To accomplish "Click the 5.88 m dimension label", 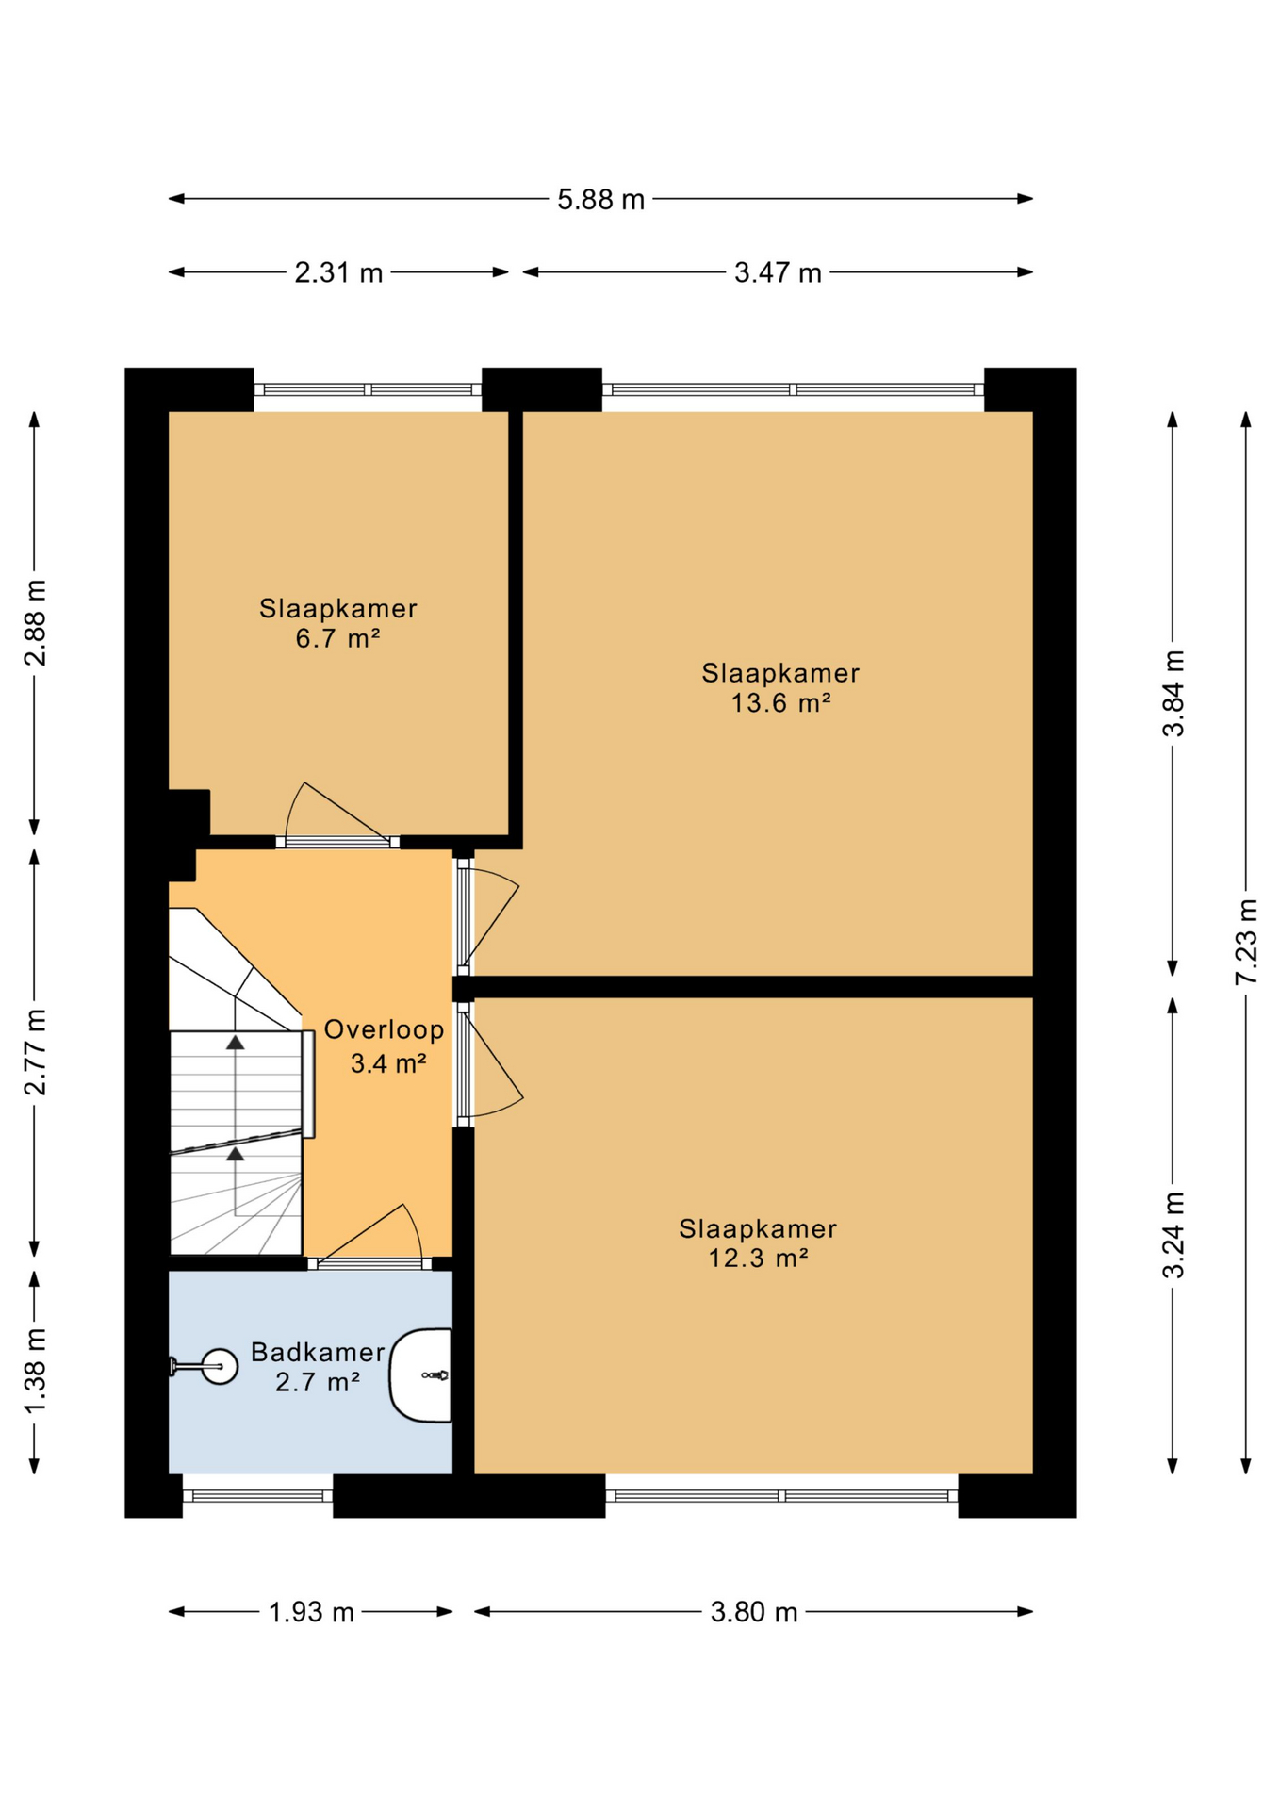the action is point(600,200).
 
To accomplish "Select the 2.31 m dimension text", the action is point(338,273).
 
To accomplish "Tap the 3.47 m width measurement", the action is point(778,273).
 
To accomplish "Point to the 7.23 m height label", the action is point(1246,942).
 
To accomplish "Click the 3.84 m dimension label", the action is point(1173,693).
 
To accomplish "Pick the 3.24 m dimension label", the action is point(1173,1235).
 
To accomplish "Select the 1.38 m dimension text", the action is point(35,1371).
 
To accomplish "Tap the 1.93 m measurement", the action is point(311,1613).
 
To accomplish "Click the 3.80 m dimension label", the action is point(754,1613).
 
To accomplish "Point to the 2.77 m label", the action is point(35,1052).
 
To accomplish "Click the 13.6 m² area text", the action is point(780,703).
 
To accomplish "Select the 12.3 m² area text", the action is point(759,1259).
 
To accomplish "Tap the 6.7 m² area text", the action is point(337,639).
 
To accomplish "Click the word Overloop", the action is point(384,1029).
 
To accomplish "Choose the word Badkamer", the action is point(318,1353).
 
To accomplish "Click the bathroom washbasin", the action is point(421,1375).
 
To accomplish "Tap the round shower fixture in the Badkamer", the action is point(220,1366).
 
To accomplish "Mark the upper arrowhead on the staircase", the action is point(235,1043).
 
